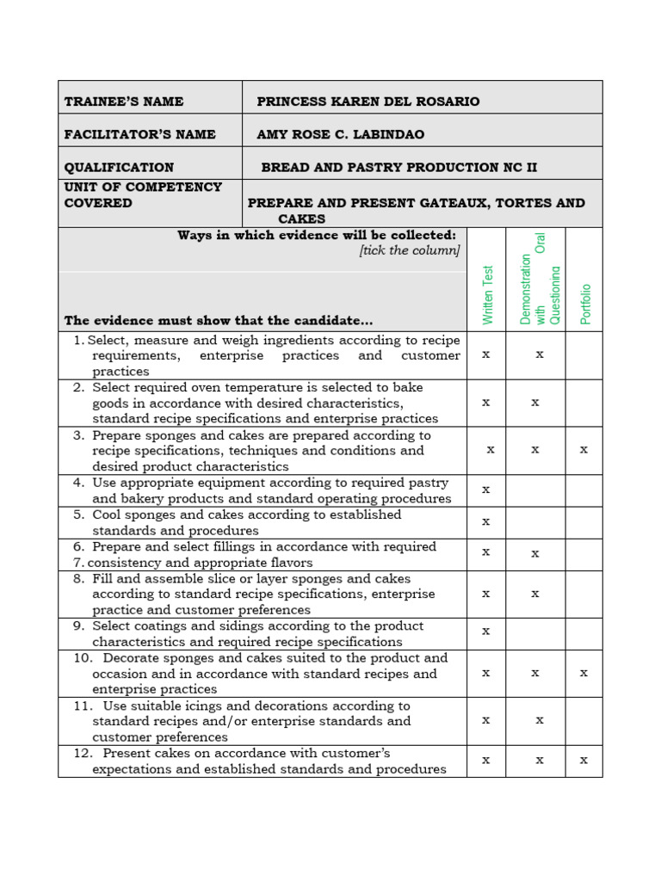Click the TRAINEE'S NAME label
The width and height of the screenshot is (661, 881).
[x=123, y=102]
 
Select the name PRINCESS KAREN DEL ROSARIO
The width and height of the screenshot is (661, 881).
[x=368, y=102]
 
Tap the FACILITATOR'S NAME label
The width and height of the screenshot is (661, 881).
[x=139, y=134]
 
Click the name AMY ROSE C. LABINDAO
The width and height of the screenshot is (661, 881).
[x=340, y=134]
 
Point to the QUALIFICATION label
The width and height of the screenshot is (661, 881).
[x=119, y=167]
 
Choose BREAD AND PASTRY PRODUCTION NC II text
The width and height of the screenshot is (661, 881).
[x=398, y=167]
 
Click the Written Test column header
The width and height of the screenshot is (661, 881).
[x=488, y=294]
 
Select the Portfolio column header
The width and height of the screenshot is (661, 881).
[x=585, y=303]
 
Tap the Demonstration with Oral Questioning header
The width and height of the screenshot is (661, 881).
[x=540, y=280]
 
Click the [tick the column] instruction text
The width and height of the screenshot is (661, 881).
[x=410, y=250]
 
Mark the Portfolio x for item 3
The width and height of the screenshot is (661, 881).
[x=584, y=449]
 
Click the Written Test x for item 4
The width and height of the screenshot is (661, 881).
[x=486, y=490]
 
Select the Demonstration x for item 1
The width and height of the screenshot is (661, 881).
[x=540, y=354]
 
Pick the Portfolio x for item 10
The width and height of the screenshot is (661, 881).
[x=584, y=673]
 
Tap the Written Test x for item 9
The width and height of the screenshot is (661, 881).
[x=486, y=631]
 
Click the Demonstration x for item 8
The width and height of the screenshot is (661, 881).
[x=535, y=593]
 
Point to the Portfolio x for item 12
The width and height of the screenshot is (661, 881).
[x=584, y=760]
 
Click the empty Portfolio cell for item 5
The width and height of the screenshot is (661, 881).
[x=584, y=522]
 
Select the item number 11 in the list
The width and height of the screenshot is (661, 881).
[x=82, y=705]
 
